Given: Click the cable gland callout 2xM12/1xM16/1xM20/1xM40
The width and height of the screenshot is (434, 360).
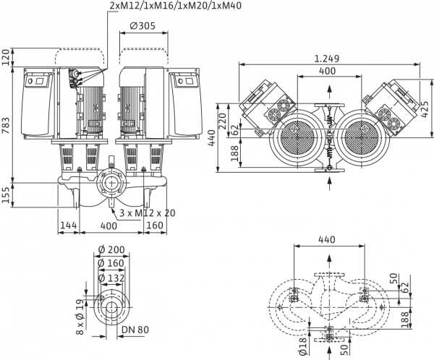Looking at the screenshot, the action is pyautogui.click(x=175, y=5).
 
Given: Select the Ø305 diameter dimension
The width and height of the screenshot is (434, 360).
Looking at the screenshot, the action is pyautogui.click(x=142, y=26).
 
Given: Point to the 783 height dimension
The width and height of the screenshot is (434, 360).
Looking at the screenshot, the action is pyautogui.click(x=6, y=125).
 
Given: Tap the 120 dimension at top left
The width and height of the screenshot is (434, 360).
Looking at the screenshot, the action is pyautogui.click(x=6, y=57).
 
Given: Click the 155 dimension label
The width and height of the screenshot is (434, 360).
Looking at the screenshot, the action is pyautogui.click(x=6, y=194).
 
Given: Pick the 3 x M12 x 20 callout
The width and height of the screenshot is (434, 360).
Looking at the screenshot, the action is pyautogui.click(x=148, y=213).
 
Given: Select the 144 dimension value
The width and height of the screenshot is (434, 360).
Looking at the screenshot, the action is pyautogui.click(x=69, y=226).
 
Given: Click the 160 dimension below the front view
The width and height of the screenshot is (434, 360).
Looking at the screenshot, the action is pyautogui.click(x=155, y=226).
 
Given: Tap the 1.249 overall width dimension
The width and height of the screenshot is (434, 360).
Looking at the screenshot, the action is pyautogui.click(x=327, y=59).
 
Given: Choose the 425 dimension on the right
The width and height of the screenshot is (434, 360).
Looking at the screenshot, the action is pyautogui.click(x=425, y=108).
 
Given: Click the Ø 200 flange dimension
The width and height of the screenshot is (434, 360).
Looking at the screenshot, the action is pyautogui.click(x=111, y=249).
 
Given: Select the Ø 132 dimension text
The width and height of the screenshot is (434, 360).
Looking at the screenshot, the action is pyautogui.click(x=111, y=278).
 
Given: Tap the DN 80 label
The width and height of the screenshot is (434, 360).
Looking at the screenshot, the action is pyautogui.click(x=135, y=330).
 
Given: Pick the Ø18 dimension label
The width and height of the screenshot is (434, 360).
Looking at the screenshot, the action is pyautogui.click(x=303, y=346).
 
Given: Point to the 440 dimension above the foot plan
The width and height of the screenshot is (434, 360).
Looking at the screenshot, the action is pyautogui.click(x=327, y=239).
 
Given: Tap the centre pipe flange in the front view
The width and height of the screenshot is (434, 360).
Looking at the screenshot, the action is pyautogui.click(x=111, y=183).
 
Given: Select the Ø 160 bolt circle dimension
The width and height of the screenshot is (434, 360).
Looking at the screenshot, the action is pyautogui.click(x=111, y=263).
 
